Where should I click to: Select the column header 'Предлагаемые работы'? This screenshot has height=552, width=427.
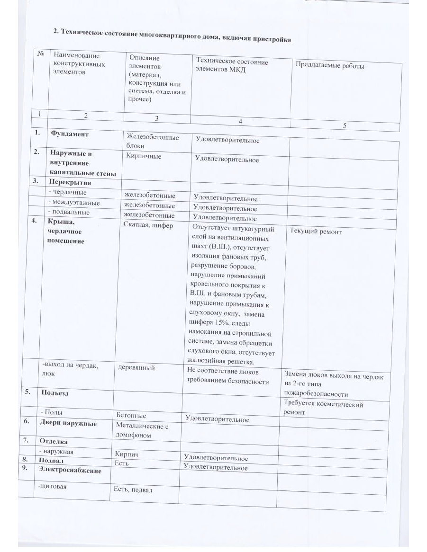point(330,66)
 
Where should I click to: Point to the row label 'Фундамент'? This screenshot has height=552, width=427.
point(70,134)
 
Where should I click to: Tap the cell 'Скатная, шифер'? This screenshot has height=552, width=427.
point(148,225)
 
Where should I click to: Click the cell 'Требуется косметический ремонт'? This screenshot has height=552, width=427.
point(322,408)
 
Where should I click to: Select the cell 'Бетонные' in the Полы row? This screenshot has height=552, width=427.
point(131,415)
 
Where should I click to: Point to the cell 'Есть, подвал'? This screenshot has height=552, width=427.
point(133,489)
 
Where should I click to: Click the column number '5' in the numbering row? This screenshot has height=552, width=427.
point(345,125)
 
